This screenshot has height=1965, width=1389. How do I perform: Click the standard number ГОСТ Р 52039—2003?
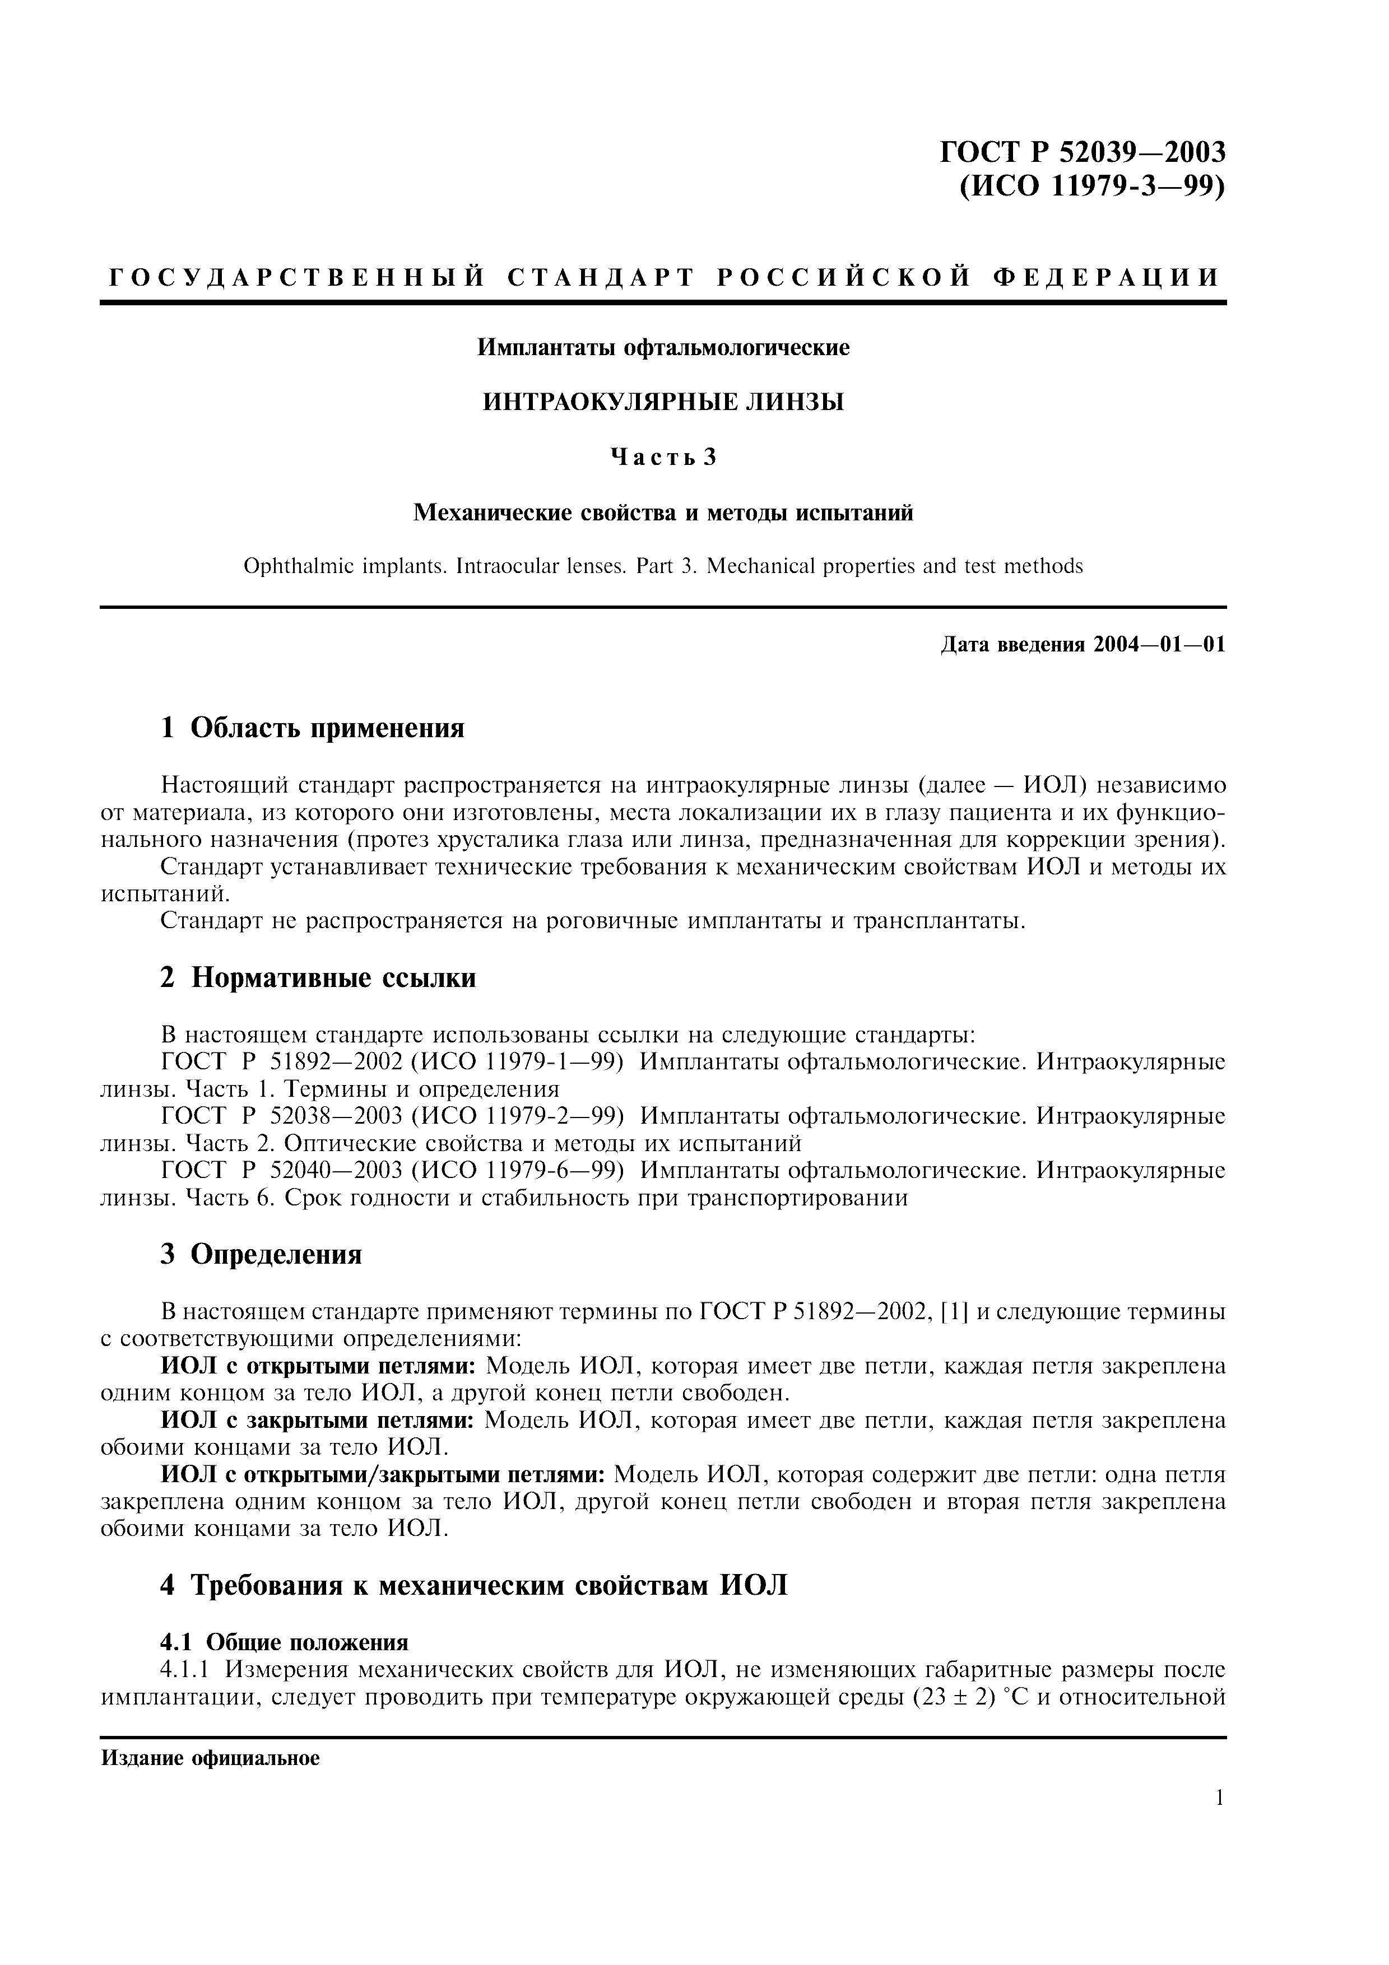click(1083, 152)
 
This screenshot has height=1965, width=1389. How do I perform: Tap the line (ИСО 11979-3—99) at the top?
click(1091, 187)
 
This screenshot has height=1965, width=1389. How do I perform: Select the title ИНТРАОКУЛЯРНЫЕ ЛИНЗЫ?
click(663, 402)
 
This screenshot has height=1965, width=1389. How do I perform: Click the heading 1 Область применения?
click(313, 728)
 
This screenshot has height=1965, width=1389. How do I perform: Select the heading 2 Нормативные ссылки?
click(318, 977)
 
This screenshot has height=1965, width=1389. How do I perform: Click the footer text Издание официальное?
click(211, 1759)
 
